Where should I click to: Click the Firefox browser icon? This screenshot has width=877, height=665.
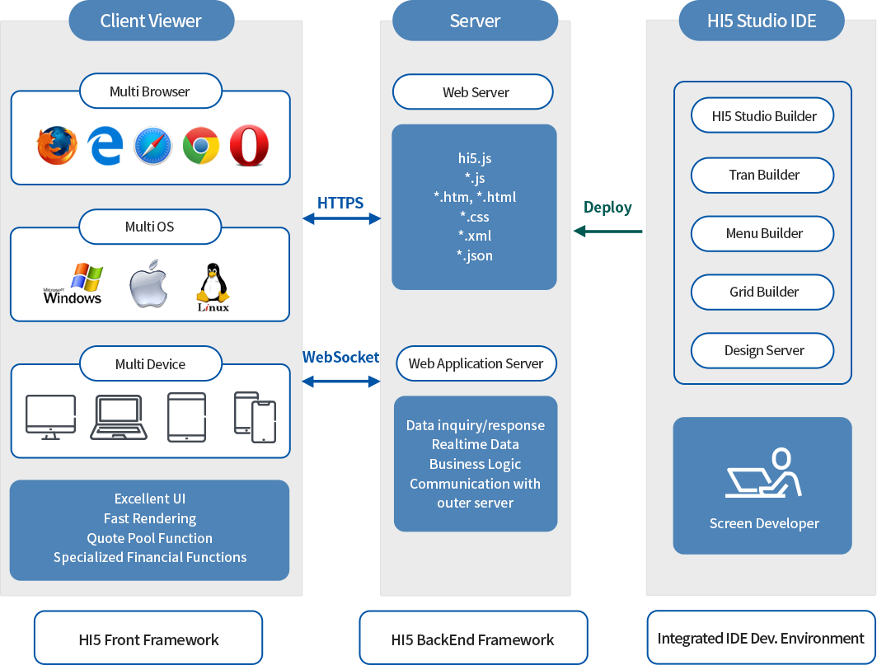(x=57, y=146)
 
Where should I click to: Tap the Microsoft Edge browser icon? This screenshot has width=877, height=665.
(x=106, y=146)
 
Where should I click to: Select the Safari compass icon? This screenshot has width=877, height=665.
(x=152, y=146)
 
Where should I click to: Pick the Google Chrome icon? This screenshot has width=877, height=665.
(x=200, y=146)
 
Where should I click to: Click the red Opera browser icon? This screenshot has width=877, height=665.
(x=248, y=146)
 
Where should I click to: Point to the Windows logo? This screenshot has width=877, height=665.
(x=73, y=284)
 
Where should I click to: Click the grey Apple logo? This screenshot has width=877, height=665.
(x=148, y=287)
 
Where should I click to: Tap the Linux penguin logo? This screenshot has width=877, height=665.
(x=213, y=288)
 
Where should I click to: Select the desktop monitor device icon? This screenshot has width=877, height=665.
(x=50, y=416)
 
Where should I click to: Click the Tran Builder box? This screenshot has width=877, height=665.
(x=763, y=175)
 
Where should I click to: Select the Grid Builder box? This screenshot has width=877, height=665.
(x=763, y=292)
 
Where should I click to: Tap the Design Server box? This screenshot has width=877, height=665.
(x=763, y=350)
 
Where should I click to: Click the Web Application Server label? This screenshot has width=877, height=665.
(x=476, y=363)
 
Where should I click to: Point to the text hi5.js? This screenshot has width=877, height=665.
(x=475, y=158)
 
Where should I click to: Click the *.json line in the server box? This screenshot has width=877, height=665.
(x=475, y=255)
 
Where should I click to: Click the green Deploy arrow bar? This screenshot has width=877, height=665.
(x=607, y=232)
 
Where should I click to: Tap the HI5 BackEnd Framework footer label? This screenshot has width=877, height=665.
(x=473, y=639)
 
